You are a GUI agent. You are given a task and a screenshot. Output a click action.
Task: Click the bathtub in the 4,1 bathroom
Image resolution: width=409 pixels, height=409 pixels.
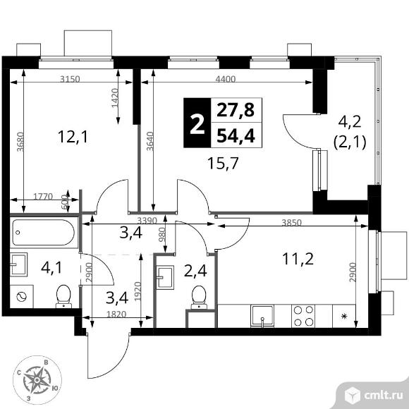pos(44,233)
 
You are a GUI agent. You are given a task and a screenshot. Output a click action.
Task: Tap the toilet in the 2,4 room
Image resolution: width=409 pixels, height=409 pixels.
pos(199,298)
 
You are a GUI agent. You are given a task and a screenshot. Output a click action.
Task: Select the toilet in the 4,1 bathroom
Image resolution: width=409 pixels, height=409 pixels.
pos(63,296)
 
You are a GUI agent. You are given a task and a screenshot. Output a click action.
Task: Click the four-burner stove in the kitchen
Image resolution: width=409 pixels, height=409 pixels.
pos(303,316)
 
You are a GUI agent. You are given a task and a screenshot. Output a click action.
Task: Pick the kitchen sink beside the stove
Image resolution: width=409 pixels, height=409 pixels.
pos(262,316)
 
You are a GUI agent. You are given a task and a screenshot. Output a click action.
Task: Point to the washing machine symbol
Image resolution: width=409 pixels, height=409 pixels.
pos(21,296)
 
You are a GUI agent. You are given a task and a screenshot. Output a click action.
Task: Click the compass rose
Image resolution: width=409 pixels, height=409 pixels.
pos(37,379)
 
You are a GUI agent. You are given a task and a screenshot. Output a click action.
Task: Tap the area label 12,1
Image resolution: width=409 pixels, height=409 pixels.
pos(73,137)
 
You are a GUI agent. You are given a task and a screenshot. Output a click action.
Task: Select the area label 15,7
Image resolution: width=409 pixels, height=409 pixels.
pos(223,164)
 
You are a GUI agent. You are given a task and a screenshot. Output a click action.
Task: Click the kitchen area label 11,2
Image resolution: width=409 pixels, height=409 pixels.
pos(298,259)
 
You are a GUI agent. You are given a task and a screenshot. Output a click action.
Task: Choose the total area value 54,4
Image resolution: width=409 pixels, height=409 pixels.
pos(236,136)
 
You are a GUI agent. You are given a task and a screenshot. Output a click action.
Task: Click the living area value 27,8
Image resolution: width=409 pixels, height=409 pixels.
pos(236,110)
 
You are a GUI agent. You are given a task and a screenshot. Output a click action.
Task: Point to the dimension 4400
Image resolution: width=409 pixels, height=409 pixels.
pos(226,79)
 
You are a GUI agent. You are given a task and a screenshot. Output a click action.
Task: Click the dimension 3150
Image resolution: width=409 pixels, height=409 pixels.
pos(70,79)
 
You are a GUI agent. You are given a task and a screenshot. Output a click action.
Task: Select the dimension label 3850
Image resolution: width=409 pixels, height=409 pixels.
pos(292,223)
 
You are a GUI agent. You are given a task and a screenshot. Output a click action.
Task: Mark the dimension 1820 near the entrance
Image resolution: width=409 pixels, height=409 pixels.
pos(116,314)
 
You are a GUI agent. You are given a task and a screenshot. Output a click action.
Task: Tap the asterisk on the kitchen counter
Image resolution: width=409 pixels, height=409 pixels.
pos(344,317)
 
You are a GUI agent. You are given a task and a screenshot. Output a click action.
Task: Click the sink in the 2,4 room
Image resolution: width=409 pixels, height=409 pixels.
pos(165,278)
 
